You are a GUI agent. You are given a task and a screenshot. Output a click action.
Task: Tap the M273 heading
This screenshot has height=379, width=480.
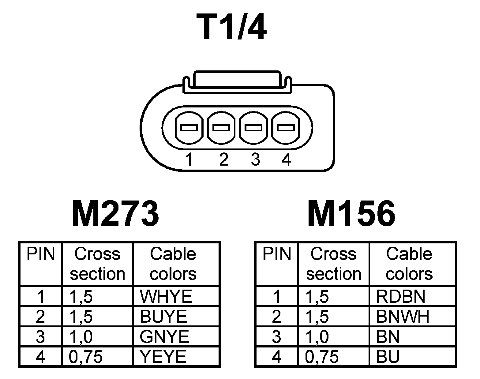click(x=115, y=214)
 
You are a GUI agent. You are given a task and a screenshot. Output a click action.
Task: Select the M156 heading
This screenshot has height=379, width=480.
click(x=351, y=214)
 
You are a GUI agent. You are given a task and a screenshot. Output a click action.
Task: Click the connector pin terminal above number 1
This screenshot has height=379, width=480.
click(x=189, y=128)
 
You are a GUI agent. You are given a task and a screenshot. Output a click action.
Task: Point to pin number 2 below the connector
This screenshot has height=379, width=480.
click(x=224, y=159)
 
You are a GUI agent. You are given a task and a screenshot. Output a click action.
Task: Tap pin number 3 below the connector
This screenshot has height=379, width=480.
click(x=255, y=159)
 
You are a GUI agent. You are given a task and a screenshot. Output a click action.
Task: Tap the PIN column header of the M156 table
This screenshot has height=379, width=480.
click(x=277, y=254)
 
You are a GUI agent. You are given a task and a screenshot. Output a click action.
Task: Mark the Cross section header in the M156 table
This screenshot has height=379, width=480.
click(x=334, y=264)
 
